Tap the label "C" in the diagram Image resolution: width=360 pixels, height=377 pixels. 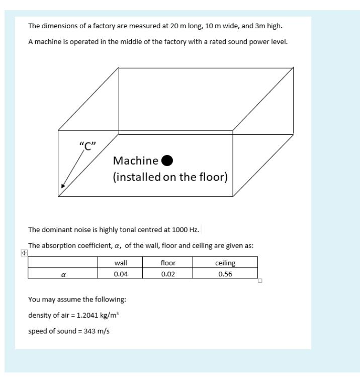click(x=87, y=146)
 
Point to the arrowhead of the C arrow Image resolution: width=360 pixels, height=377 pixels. click(x=63, y=186)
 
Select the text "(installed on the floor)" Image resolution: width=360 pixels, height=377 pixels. click(x=170, y=178)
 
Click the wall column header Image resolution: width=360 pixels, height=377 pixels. click(x=120, y=263)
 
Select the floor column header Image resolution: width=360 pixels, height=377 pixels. click(x=168, y=263)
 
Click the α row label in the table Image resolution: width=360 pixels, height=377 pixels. click(x=63, y=275)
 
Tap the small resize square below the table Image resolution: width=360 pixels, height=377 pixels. click(x=260, y=281)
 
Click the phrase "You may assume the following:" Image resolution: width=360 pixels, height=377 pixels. click(x=76, y=300)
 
